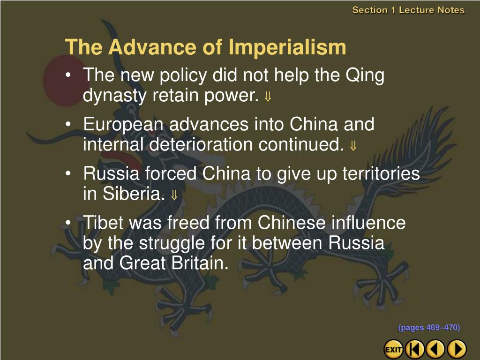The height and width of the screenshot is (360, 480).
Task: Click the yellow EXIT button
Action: (x=393, y=349)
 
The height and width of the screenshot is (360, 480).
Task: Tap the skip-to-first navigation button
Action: (x=414, y=349)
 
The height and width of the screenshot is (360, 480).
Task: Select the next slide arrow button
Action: (x=457, y=349)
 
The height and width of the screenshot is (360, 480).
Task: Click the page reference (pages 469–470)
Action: (x=429, y=328)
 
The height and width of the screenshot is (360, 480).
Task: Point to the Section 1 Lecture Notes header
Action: (x=408, y=10)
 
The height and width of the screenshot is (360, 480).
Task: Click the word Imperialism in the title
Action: (x=287, y=47)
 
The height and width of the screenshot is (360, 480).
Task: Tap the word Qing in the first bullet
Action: (x=365, y=75)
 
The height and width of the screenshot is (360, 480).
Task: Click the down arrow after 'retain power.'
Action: (x=268, y=97)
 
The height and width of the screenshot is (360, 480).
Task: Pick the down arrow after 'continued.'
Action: (x=353, y=146)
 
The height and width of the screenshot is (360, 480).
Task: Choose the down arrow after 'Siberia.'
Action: (x=174, y=195)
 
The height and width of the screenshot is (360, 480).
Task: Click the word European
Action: (x=123, y=124)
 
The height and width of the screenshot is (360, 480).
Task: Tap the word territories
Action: (x=381, y=173)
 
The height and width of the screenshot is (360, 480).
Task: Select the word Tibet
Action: (x=104, y=222)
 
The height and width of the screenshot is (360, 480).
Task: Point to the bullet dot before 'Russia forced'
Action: (x=68, y=173)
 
